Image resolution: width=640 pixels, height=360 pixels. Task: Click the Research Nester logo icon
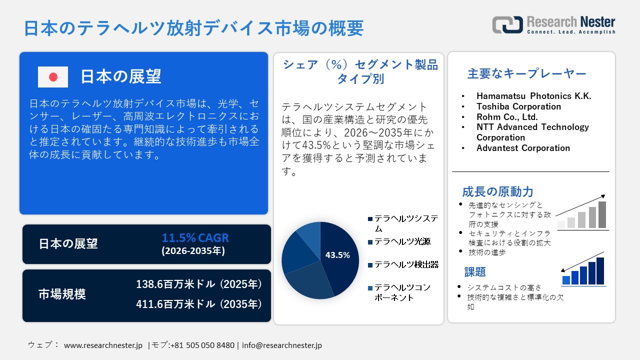click(507, 24)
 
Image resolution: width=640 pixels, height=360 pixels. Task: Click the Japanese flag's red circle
click(53, 77)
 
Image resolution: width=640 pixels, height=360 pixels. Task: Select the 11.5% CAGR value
click(195, 237)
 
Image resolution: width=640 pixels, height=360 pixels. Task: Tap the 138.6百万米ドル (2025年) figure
click(199, 284)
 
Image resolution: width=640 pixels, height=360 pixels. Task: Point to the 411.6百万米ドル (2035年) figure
click(199, 303)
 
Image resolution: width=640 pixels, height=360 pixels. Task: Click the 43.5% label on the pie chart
click(337, 255)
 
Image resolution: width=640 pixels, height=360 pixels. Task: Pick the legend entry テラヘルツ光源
click(402, 241)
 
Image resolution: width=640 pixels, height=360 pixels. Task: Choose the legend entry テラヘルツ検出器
click(406, 264)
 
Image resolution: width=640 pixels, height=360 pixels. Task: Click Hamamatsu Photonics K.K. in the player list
click(533, 96)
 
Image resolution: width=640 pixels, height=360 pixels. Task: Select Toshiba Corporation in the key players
click(518, 106)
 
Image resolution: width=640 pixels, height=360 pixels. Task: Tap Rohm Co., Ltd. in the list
click(507, 117)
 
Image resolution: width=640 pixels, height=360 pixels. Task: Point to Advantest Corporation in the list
click(523, 148)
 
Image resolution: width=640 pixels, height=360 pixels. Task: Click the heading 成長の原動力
click(497, 191)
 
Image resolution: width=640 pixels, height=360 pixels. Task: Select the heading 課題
click(475, 272)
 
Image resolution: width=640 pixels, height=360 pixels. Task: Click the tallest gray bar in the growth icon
click(602, 214)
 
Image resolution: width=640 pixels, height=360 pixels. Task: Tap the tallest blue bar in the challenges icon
click(600, 271)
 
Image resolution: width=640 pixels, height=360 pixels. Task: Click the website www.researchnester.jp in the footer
click(103, 345)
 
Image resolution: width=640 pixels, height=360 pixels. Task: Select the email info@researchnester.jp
click(281, 345)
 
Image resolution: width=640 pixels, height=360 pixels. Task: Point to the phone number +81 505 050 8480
click(202, 345)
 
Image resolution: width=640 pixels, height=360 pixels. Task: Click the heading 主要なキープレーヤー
click(526, 74)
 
